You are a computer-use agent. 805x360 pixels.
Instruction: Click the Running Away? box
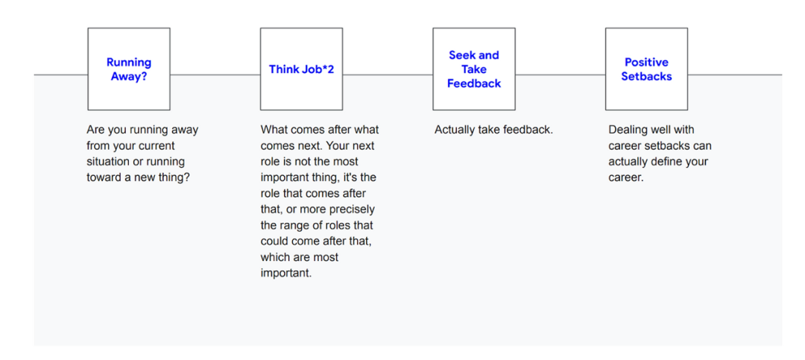[x=129, y=69]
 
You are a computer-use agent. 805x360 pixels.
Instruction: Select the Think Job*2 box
[x=301, y=69]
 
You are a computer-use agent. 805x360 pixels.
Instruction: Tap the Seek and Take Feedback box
[x=474, y=69]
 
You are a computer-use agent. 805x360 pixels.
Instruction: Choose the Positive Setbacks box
[x=646, y=69]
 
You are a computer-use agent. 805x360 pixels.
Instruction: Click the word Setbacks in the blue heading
[x=646, y=77]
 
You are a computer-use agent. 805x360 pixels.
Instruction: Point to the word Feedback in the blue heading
[x=474, y=83]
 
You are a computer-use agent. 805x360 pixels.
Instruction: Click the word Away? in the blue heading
[x=129, y=77]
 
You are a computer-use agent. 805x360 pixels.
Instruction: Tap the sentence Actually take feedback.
[x=493, y=130]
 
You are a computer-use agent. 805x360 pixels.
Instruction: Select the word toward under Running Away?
[x=104, y=177]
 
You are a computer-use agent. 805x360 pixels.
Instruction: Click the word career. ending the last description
[x=626, y=177]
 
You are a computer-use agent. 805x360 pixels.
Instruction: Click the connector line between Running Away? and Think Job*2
[x=215, y=75]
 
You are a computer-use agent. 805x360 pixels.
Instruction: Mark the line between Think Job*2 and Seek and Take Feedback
[x=388, y=75]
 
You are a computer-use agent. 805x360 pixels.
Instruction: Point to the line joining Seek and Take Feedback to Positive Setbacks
[x=560, y=75]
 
